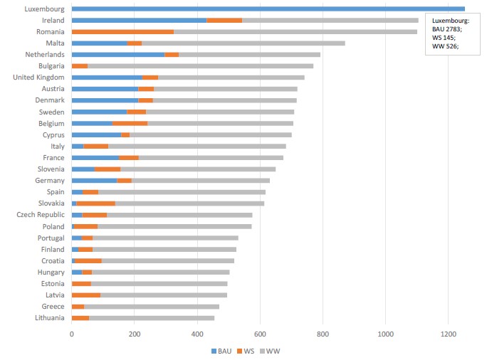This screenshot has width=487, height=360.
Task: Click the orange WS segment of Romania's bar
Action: coord(122,32)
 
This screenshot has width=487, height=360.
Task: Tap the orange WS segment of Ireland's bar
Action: coord(224,21)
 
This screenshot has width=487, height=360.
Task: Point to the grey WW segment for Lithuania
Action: coord(152,318)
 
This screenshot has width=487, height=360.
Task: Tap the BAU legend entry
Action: coord(221,351)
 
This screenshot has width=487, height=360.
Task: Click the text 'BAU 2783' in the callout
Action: coord(447,29)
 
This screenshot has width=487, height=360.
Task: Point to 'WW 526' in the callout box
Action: coord(444,46)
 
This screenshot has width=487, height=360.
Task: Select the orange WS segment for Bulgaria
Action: coord(80,66)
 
